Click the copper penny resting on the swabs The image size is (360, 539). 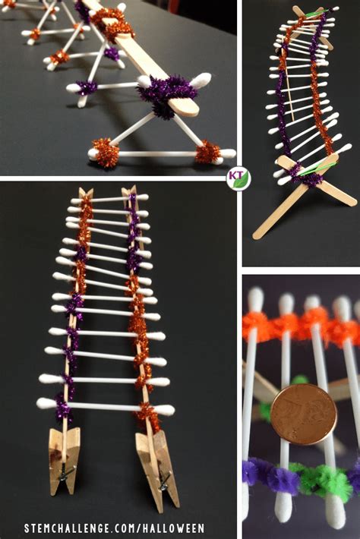click(x=302, y=414)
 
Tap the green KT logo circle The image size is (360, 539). click(x=238, y=178)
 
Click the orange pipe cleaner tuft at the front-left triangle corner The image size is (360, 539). click(x=106, y=153)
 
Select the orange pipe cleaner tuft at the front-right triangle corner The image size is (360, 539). click(x=207, y=153)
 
